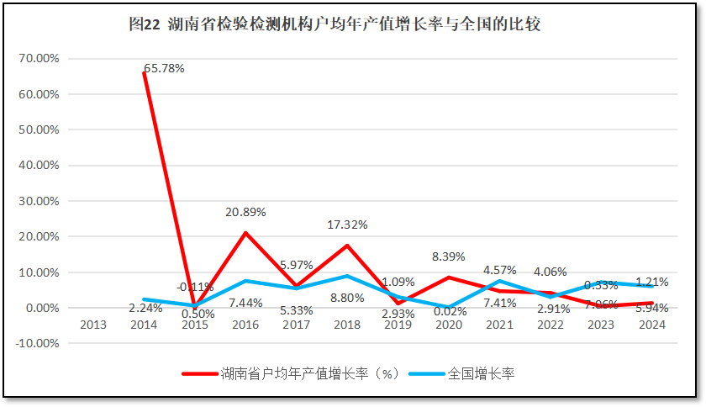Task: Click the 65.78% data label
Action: click(x=164, y=67)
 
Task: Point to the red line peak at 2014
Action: click(x=144, y=73)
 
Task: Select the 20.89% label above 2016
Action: click(x=245, y=213)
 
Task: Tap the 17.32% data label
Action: click(x=347, y=225)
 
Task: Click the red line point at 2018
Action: click(x=347, y=246)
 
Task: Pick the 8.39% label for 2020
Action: click(x=449, y=256)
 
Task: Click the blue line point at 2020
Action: click(x=449, y=307)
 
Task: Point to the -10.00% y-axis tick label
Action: click(x=36, y=343)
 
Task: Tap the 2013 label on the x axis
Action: click(x=92, y=325)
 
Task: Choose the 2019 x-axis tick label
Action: click(x=398, y=325)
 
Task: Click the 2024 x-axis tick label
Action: click(x=651, y=325)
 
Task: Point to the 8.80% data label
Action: click(x=347, y=297)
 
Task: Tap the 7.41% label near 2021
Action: click(x=499, y=303)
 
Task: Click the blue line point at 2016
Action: click(x=245, y=281)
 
